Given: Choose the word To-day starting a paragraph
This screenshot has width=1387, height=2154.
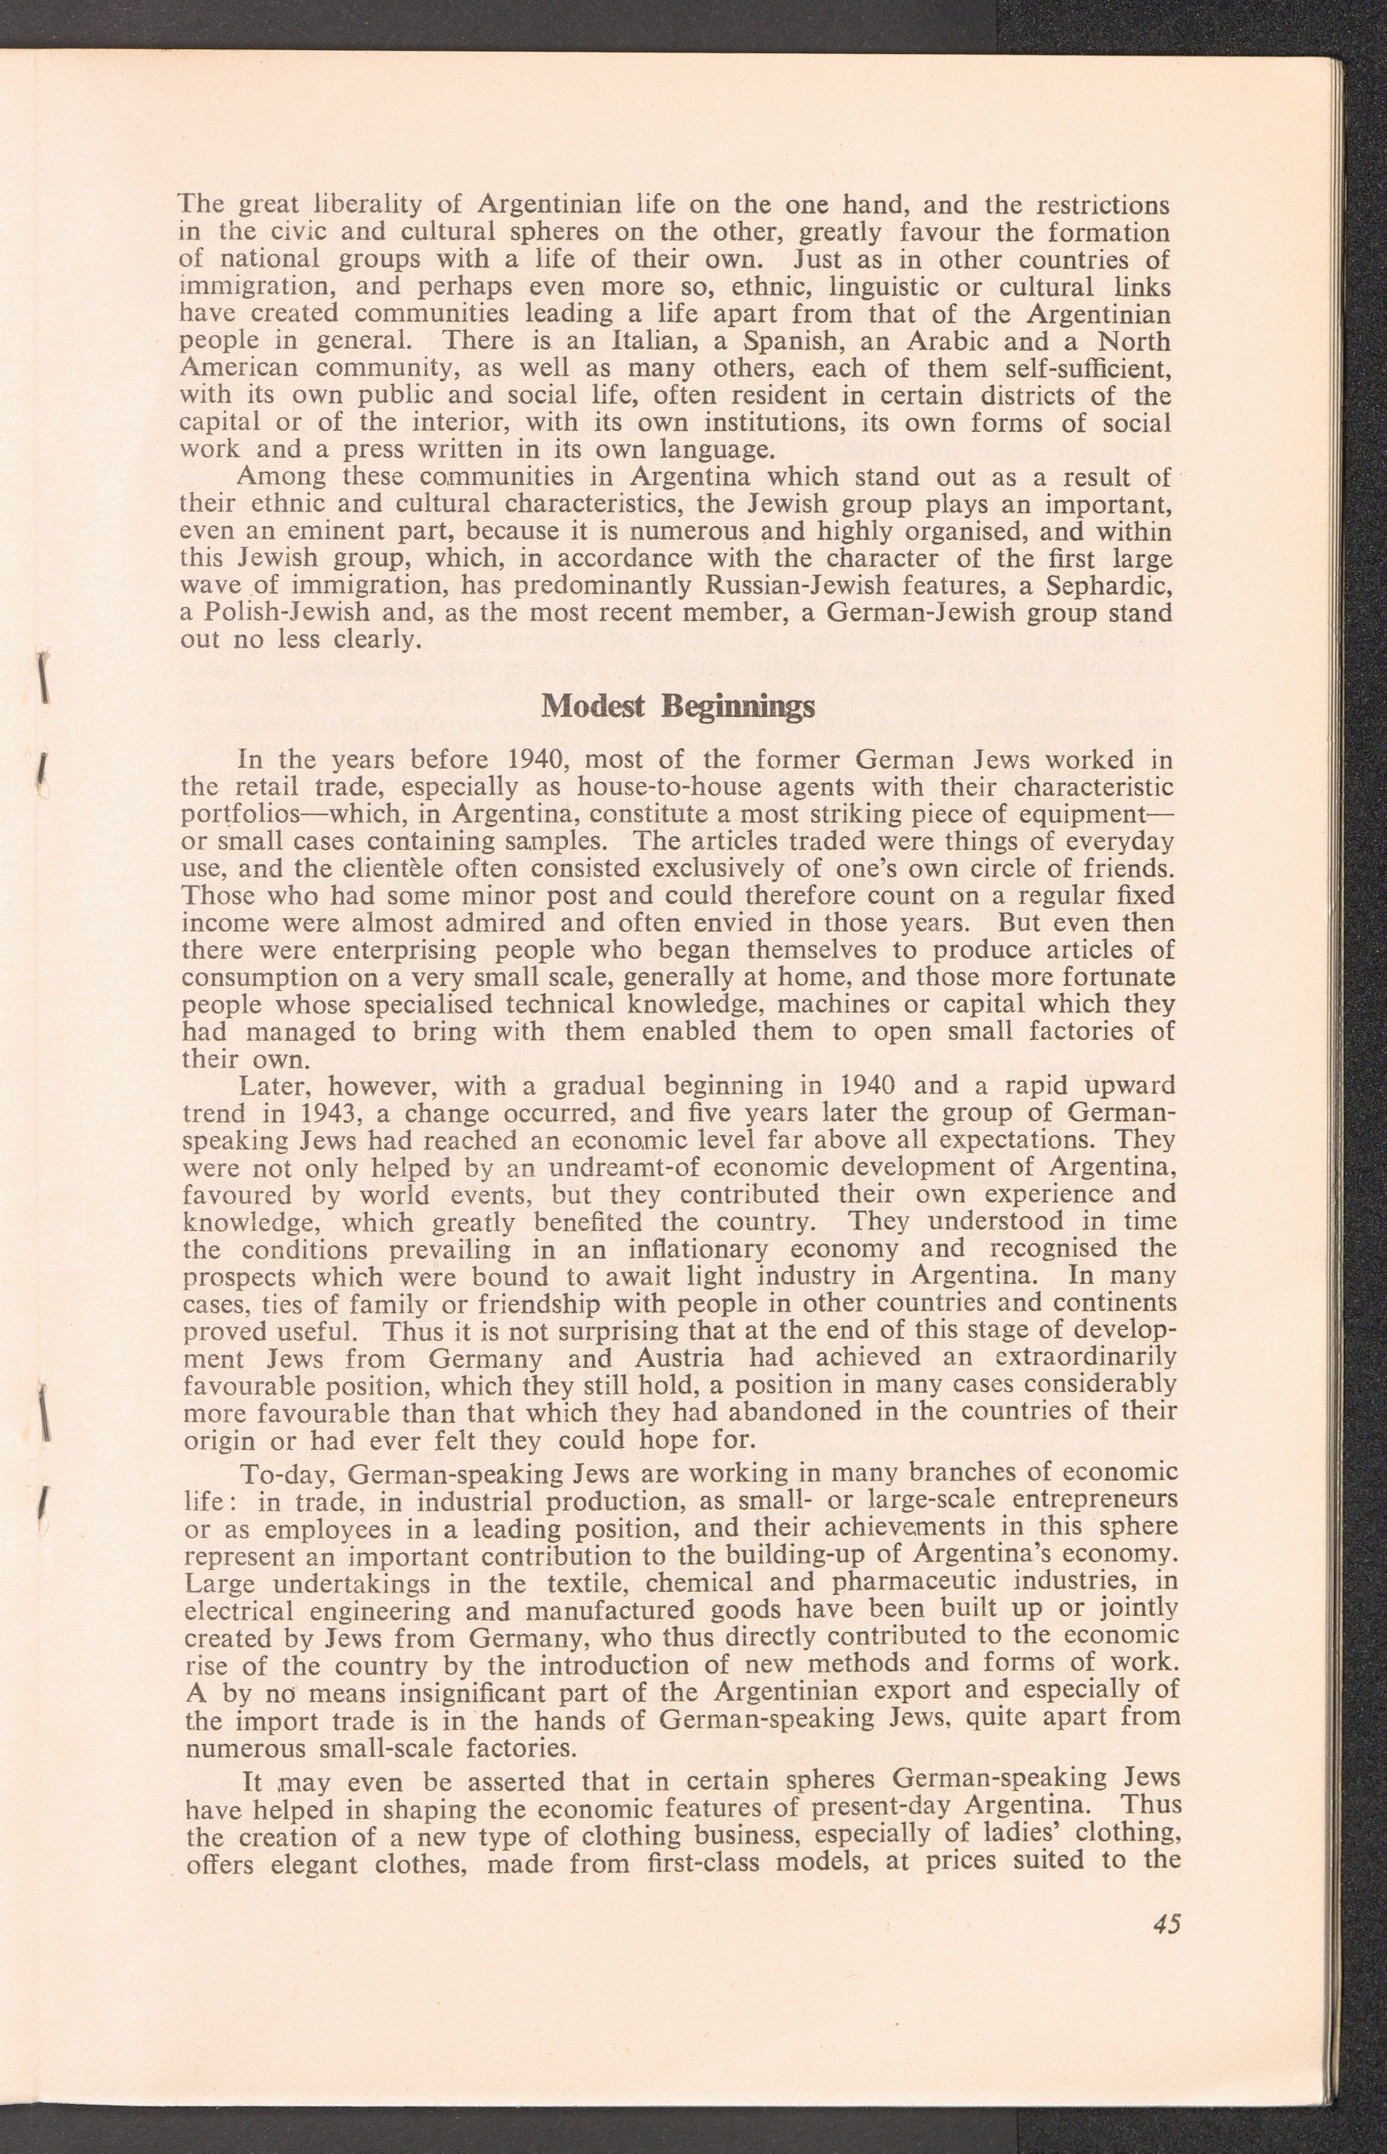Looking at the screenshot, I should (289, 1474).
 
